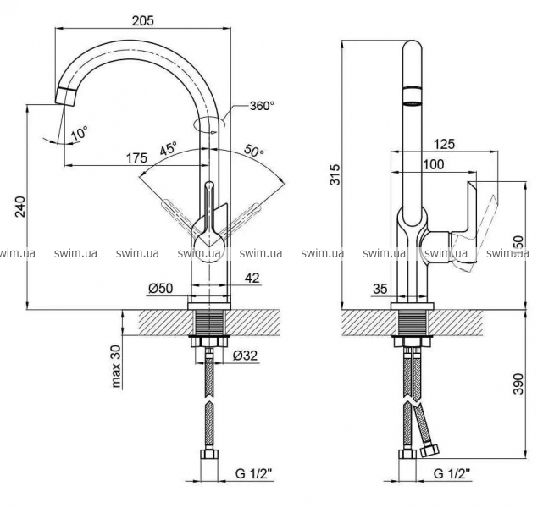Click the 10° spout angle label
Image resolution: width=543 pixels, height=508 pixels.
coord(79,133)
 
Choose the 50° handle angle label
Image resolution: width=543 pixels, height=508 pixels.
coord(253,151)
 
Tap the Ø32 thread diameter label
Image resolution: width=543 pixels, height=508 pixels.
coord(246,356)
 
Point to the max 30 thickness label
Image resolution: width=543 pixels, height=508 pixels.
coord(116,366)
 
